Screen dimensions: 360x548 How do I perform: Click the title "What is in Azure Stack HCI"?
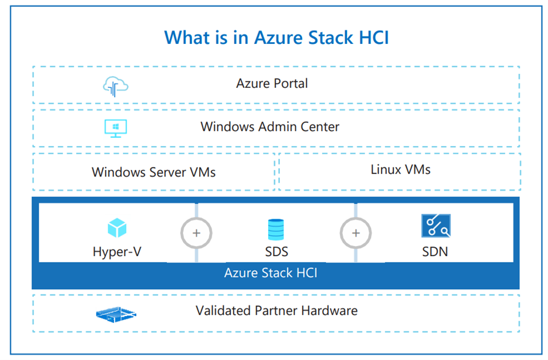point(276,37)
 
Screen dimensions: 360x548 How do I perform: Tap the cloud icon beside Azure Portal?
point(116,87)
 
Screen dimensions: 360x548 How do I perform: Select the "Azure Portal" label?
point(272,83)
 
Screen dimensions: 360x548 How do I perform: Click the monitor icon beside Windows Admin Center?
point(115,128)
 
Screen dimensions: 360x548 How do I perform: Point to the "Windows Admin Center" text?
point(270,127)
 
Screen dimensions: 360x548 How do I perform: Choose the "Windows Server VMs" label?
point(153,172)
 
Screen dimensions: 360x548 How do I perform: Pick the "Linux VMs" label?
point(401,169)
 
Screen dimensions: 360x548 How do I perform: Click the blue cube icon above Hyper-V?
point(117,228)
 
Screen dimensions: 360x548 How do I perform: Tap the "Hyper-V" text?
point(117,251)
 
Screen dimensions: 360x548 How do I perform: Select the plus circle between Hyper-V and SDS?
point(197,233)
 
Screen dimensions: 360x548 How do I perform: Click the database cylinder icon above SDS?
point(276,229)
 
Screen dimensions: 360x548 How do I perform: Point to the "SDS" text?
point(276,251)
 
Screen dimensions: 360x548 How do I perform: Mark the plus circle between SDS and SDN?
point(356,233)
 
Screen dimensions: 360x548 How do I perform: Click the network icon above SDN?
point(435,227)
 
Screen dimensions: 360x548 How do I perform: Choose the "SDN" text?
point(434,251)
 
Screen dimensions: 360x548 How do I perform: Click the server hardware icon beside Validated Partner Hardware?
point(116,314)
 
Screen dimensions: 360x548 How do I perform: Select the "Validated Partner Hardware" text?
point(276,310)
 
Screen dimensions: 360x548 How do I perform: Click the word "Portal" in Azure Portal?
point(291,83)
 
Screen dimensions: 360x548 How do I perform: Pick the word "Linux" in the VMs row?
point(386,169)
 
